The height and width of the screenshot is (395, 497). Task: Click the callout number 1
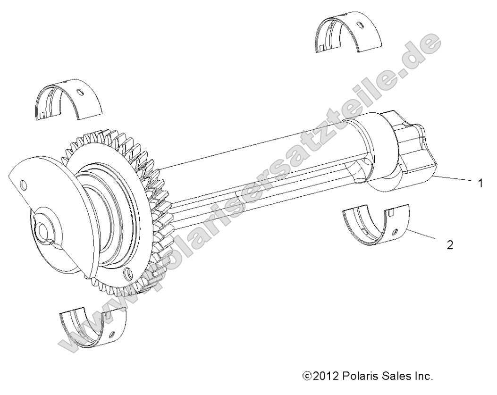click(480, 183)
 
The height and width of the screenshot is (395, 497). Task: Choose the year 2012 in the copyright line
click(323, 377)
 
